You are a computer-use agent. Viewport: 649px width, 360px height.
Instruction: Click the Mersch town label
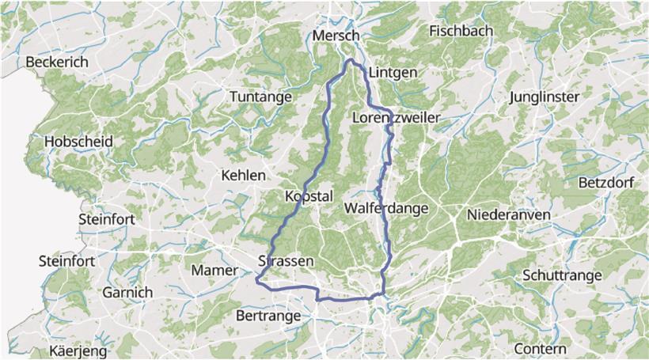coord(336,36)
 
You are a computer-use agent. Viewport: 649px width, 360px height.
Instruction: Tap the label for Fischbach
coord(461,31)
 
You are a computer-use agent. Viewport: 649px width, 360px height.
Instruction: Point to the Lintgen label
coord(393,72)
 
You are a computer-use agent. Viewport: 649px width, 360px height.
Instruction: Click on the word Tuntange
coord(260,97)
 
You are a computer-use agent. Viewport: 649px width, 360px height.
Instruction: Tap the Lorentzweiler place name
coord(395,118)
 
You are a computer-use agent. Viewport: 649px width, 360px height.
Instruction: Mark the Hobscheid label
coord(79,141)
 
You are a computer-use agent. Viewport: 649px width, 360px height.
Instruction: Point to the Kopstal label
coord(309,196)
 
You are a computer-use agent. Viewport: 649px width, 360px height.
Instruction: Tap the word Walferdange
coord(386,208)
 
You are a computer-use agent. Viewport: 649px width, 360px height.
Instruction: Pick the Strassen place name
coord(287,261)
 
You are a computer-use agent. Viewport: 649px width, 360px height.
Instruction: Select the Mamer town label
coord(214,271)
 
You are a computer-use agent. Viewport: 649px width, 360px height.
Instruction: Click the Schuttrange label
coord(562,275)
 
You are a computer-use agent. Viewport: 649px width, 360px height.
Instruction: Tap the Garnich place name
coord(127,292)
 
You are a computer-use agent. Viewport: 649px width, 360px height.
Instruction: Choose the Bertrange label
coord(268,316)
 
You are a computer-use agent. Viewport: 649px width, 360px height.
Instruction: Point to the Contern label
coord(540,349)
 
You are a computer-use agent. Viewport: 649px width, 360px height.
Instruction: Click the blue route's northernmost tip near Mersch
coord(351,59)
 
